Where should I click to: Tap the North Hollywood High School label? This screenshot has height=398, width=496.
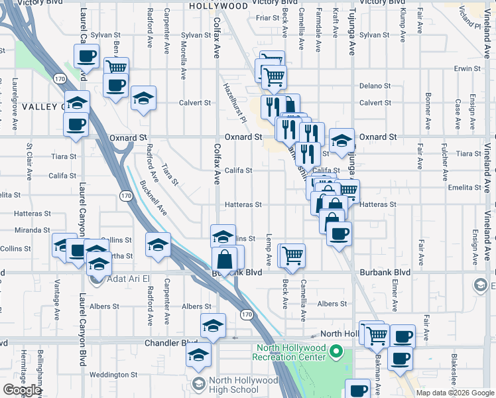click(244, 385)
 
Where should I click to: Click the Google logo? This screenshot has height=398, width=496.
click(22, 390)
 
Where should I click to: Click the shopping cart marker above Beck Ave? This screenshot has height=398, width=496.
click(292, 255)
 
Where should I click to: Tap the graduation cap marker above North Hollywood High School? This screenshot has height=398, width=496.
click(198, 354)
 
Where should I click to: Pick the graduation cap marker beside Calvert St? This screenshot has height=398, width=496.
click(144, 98)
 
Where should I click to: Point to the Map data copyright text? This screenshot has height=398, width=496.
click(454, 393)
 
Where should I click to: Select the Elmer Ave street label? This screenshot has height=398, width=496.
click(395, 296)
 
